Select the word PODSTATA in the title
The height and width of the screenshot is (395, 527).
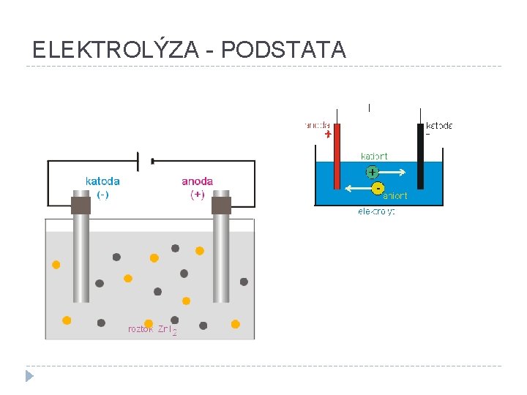pyautogui.click(x=283, y=50)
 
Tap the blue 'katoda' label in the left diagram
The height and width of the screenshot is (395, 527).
pyautogui.click(x=102, y=181)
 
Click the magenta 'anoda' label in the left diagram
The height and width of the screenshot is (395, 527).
pyautogui.click(x=198, y=181)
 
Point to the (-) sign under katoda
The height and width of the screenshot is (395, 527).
pyautogui.click(x=103, y=195)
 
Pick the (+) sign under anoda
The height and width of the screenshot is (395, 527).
pyautogui.click(x=198, y=195)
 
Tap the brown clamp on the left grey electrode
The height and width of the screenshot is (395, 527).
pyautogui.click(x=81, y=205)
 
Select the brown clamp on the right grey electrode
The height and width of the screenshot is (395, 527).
pyautogui.click(x=221, y=205)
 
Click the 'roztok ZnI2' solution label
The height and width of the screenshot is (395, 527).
pyautogui.click(x=152, y=330)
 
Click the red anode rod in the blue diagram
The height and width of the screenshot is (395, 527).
pyautogui.click(x=337, y=157)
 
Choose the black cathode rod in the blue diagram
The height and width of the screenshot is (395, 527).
pyautogui.click(x=421, y=157)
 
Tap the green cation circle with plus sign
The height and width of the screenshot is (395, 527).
pyautogui.click(x=372, y=173)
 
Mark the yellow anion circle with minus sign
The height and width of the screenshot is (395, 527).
pyautogui.click(x=378, y=188)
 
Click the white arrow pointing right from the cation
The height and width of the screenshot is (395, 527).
pyautogui.click(x=393, y=173)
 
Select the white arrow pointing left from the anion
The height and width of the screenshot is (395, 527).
pyautogui.click(x=357, y=188)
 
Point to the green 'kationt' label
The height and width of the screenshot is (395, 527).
pyautogui.click(x=374, y=156)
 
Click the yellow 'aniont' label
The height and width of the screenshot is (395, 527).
pyautogui.click(x=395, y=195)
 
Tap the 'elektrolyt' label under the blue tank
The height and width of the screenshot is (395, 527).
pyautogui.click(x=376, y=212)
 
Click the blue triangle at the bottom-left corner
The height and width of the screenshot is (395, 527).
pyautogui.click(x=29, y=377)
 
